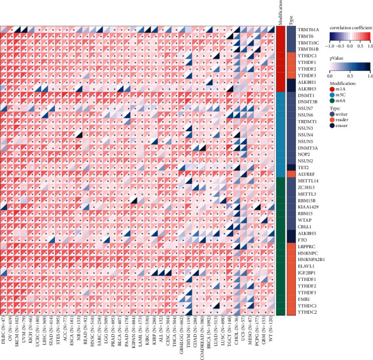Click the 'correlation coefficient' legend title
(x=349, y=28)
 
